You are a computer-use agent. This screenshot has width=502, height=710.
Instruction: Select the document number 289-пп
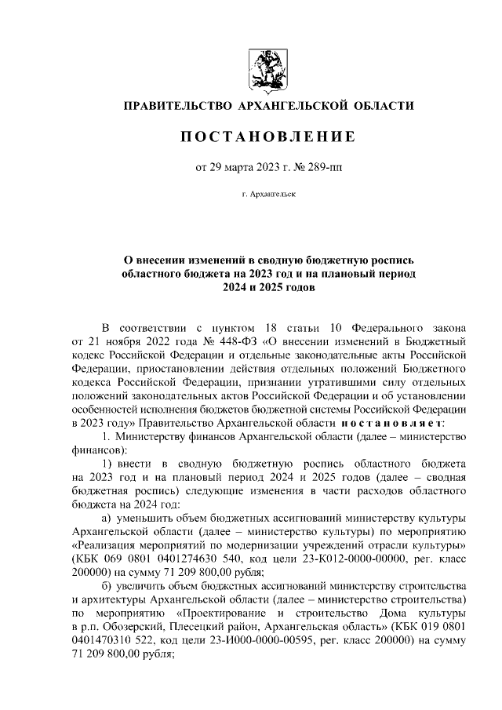(303, 166)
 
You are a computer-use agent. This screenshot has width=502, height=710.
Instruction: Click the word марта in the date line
(235, 166)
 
